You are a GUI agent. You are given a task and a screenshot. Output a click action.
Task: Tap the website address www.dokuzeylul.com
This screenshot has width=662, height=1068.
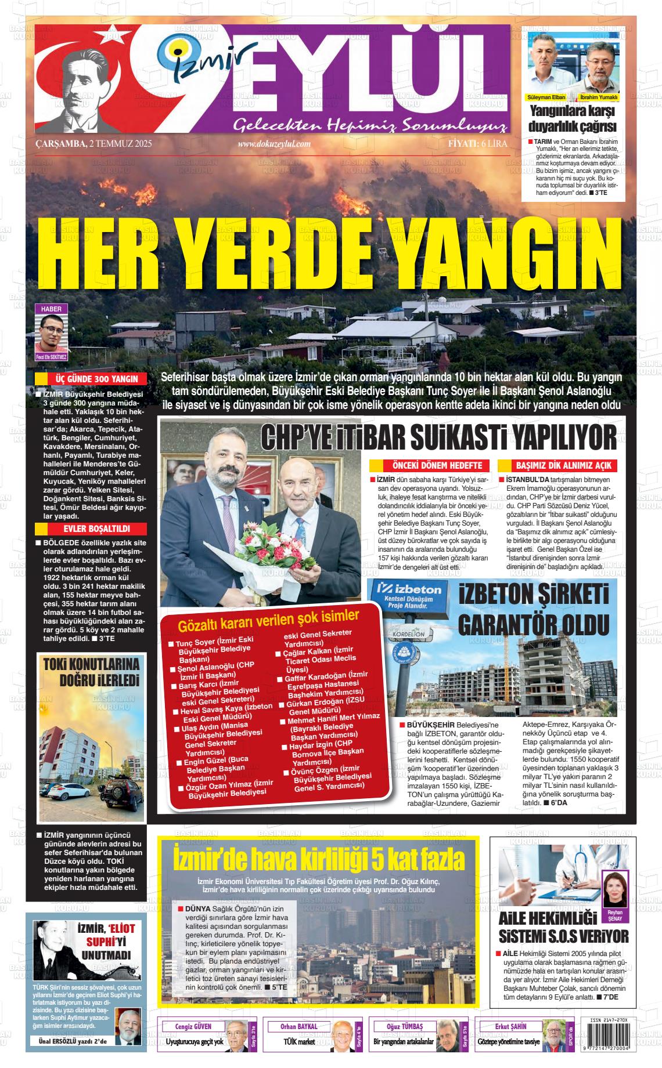274,144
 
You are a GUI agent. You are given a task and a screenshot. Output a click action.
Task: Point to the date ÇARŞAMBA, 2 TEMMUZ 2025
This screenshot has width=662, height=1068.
93,144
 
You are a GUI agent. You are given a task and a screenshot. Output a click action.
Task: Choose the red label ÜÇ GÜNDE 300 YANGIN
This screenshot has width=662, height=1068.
95,379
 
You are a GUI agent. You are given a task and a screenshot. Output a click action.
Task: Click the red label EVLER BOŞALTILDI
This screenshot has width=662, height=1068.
96,529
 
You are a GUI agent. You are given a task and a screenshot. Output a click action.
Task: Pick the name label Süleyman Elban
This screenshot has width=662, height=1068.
545,97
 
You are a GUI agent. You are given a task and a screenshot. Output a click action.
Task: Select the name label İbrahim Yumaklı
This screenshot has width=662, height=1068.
598,97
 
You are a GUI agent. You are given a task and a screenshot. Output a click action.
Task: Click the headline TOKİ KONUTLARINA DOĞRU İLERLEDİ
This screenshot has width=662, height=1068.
92,672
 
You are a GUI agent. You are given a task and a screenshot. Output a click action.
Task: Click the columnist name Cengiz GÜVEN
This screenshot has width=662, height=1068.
193,1026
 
